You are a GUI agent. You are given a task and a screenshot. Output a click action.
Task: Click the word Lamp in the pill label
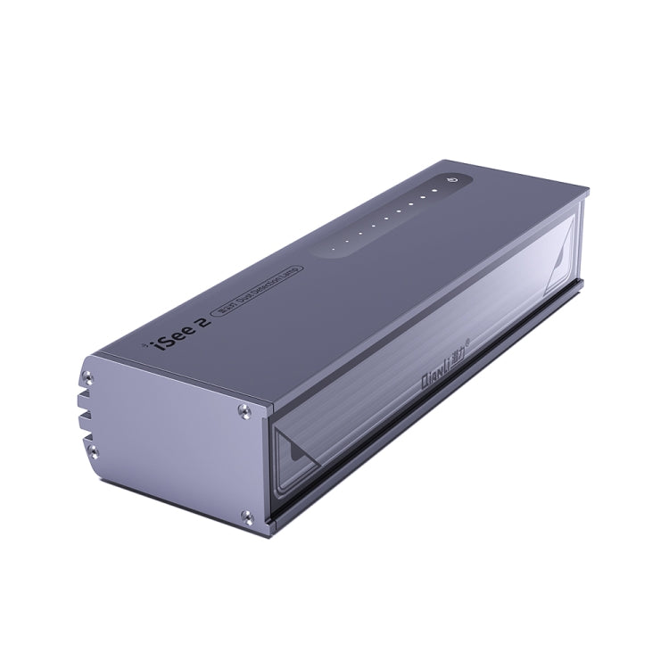[291, 269]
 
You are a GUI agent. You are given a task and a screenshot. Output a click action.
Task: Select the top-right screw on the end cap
[244, 410]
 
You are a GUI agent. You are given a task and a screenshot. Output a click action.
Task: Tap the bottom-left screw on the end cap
[92, 452]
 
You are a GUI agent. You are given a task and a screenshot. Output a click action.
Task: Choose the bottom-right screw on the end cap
[247, 517]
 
